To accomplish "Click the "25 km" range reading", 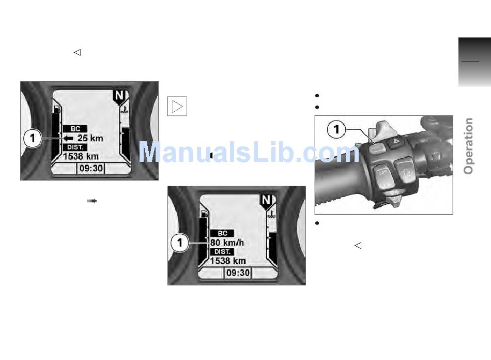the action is pyautogui.click(x=90, y=138).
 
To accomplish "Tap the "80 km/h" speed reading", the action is pyautogui.click(x=227, y=243).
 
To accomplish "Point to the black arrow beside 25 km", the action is pyautogui.click(x=68, y=138).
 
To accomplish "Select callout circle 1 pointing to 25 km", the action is pyautogui.click(x=33, y=138).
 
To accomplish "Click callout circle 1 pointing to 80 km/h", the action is pyautogui.click(x=180, y=243).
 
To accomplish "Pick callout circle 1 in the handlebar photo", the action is pyautogui.click(x=336, y=129).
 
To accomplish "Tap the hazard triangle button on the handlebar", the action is pyautogui.click(x=396, y=142).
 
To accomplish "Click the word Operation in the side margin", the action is pyautogui.click(x=468, y=146).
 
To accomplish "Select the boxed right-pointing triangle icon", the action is pyautogui.click(x=177, y=106).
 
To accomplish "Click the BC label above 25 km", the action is pyautogui.click(x=75, y=129).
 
